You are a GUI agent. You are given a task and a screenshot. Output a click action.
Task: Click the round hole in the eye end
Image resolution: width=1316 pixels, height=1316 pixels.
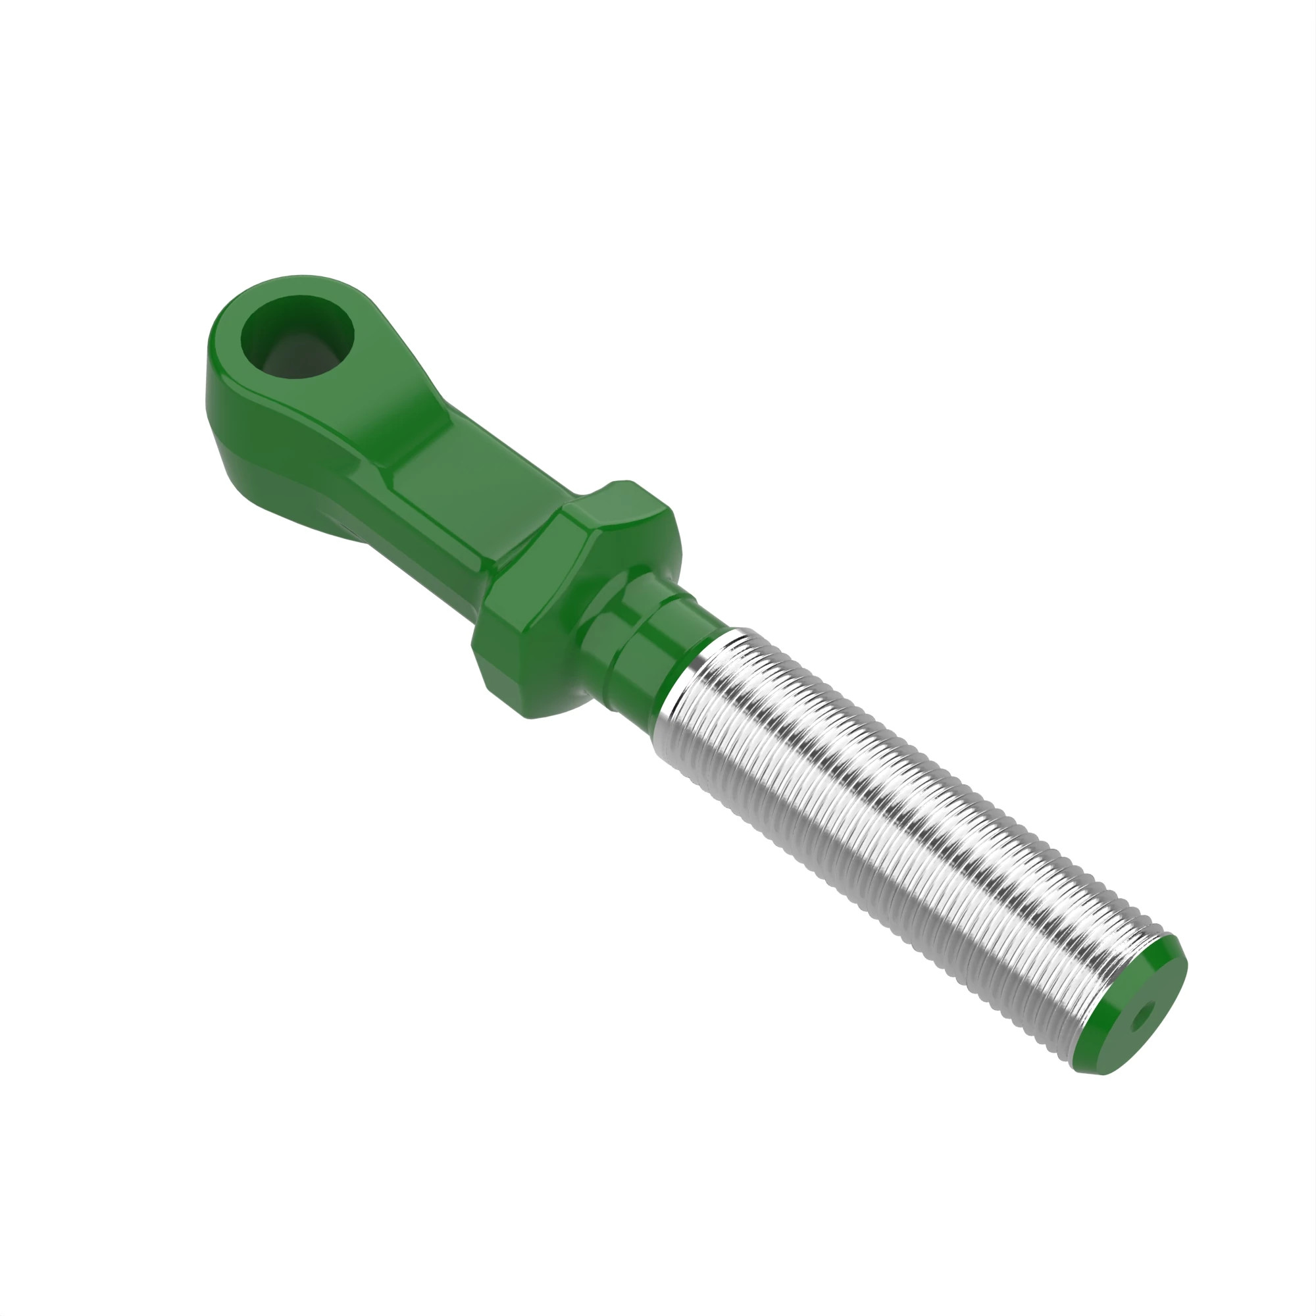coord(297,338)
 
